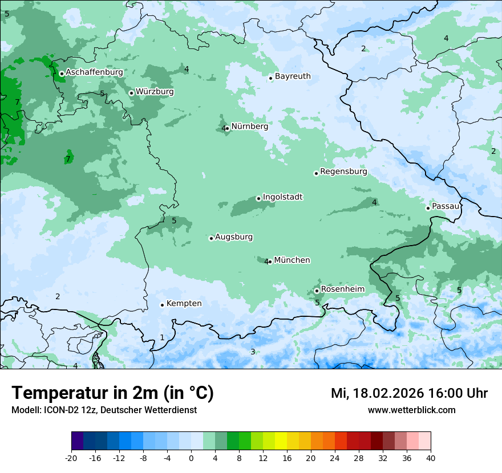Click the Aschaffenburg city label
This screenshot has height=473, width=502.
94,72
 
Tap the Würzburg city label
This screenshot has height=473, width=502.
155,92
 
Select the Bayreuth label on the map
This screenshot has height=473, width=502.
293,76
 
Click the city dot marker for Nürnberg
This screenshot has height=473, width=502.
228,128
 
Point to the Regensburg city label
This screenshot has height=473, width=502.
343,172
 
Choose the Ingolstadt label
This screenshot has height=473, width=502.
282,197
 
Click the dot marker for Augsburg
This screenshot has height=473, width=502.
211,238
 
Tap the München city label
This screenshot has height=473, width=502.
292,260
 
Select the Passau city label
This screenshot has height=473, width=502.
446,206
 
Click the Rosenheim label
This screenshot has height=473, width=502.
342,289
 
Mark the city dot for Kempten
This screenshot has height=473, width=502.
162,305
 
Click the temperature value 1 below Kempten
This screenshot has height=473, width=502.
162,338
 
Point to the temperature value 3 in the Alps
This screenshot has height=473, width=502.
253,352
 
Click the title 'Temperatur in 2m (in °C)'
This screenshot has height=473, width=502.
112,393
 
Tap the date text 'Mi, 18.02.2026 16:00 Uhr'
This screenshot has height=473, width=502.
409,393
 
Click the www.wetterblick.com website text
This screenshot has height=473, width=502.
411,410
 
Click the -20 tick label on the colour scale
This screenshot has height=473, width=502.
71,458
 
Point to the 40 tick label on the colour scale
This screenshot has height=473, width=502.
431,458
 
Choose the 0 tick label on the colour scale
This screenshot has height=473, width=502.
191,458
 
